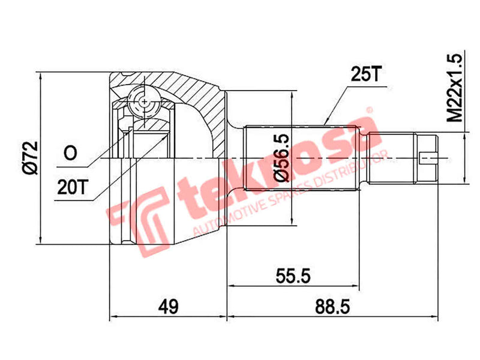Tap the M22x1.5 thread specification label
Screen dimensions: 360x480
click(x=456, y=89)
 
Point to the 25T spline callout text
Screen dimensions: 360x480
click(x=364, y=75)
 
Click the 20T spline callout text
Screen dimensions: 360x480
click(x=73, y=187)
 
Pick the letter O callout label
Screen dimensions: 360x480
click(x=70, y=154)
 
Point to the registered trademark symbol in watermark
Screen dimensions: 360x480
click(x=370, y=112)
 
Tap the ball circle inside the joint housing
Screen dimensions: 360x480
click(x=145, y=101)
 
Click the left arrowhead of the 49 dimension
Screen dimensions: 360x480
click(x=114, y=317)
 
